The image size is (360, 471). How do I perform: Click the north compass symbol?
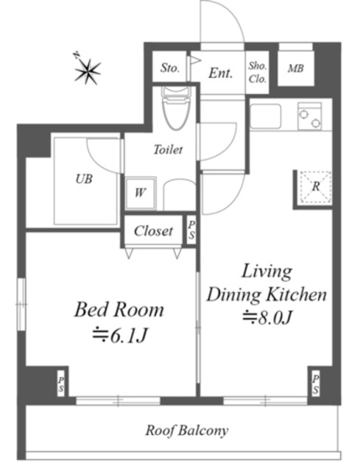click(x=88, y=71)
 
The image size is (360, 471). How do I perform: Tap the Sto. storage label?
click(x=170, y=69)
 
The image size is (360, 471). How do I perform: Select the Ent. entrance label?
click(x=220, y=73)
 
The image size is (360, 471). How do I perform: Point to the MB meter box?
click(x=295, y=69)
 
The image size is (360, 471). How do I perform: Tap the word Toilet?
click(x=168, y=149)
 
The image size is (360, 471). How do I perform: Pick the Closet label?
click(x=153, y=231)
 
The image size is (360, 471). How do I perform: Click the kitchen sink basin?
click(x=266, y=116)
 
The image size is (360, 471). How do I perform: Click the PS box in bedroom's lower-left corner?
click(x=60, y=383)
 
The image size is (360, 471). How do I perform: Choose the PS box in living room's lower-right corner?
click(x=314, y=383)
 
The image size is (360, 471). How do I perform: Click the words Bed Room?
click(x=118, y=309)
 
